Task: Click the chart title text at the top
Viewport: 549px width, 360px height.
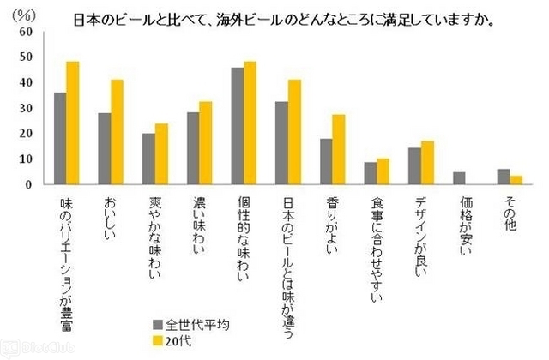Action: point(287,18)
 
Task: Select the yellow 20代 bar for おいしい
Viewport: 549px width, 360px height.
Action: point(117,132)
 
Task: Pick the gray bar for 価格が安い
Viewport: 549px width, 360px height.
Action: point(460,178)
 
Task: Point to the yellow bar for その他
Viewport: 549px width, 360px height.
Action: point(516,180)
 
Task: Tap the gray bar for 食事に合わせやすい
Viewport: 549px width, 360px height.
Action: point(371,173)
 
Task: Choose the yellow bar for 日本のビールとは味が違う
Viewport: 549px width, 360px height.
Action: point(295,132)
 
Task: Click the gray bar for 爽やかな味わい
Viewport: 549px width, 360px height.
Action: point(148,159)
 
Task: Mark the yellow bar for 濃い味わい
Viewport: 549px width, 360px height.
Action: point(206,143)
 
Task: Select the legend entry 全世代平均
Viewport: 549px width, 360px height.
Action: point(196,323)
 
